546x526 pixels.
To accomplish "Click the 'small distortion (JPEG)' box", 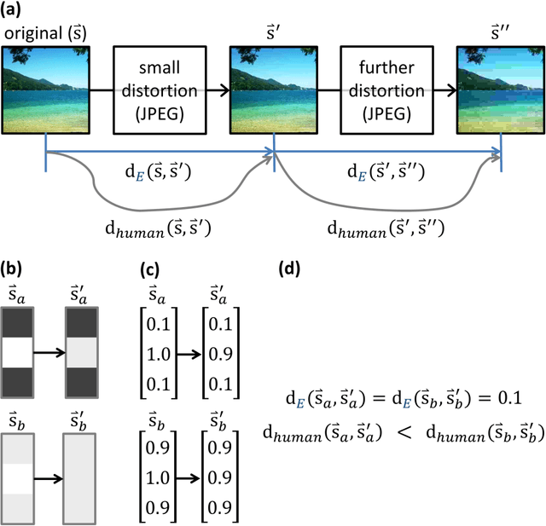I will [160, 88].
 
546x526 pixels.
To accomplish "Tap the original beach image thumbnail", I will [45, 88].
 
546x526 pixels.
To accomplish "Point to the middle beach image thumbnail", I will [273, 88].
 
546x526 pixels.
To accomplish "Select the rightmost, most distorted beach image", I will [500, 88].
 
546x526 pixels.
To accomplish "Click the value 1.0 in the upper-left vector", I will [157, 351].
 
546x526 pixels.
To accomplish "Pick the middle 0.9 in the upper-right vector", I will [221, 351].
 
